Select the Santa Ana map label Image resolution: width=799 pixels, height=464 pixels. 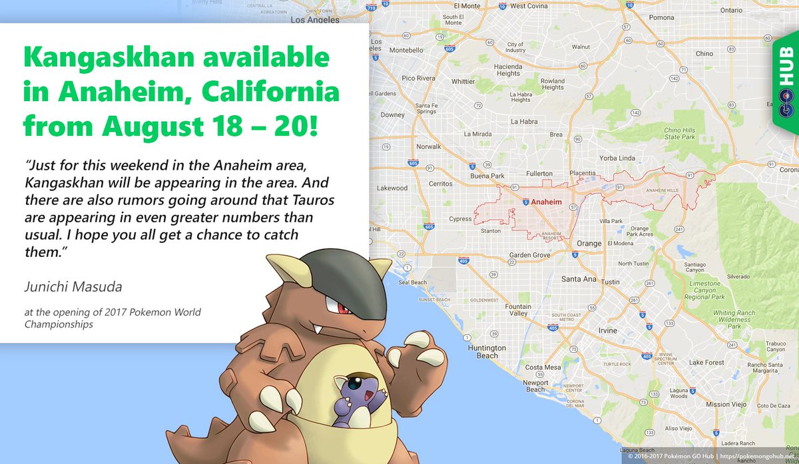pyautogui.click(x=579, y=279)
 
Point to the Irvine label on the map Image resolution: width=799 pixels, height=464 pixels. pyautogui.click(x=607, y=330)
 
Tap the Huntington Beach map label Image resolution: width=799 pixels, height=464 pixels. pyautogui.click(x=487, y=351)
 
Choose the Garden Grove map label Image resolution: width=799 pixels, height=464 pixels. pyautogui.click(x=529, y=255)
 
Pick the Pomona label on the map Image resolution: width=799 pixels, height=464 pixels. pyautogui.click(x=661, y=17)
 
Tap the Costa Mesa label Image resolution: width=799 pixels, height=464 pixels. pyautogui.click(x=543, y=367)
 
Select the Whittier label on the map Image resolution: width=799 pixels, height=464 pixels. pyautogui.click(x=463, y=81)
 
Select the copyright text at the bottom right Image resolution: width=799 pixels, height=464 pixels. pyautogui.click(x=710, y=458)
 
